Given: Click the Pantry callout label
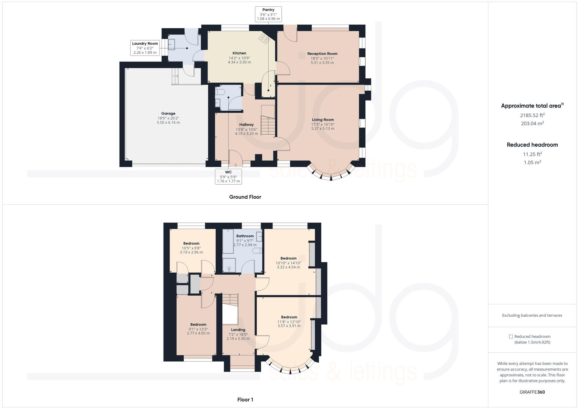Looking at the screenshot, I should click(268, 14).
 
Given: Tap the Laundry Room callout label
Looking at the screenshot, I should click(145, 48).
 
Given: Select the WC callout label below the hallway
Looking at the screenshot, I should click(228, 177).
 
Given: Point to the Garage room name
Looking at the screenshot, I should click(168, 113).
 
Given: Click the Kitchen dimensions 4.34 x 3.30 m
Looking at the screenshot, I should click(239, 62).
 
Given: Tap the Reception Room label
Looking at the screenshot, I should click(322, 53).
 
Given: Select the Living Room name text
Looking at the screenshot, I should click(323, 120).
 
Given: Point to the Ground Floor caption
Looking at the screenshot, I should click(245, 197).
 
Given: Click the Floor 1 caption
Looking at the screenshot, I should click(245, 400).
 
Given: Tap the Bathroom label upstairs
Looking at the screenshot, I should click(245, 236).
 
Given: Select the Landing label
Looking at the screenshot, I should click(238, 330).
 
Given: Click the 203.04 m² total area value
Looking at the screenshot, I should click(532, 123).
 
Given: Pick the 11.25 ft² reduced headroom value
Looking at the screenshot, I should click(532, 154).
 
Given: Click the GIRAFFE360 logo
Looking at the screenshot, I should click(532, 392).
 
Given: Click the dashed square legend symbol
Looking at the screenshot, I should click(511, 336).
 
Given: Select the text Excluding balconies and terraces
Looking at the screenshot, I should click(532, 315).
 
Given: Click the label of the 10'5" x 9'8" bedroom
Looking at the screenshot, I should click(191, 243).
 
